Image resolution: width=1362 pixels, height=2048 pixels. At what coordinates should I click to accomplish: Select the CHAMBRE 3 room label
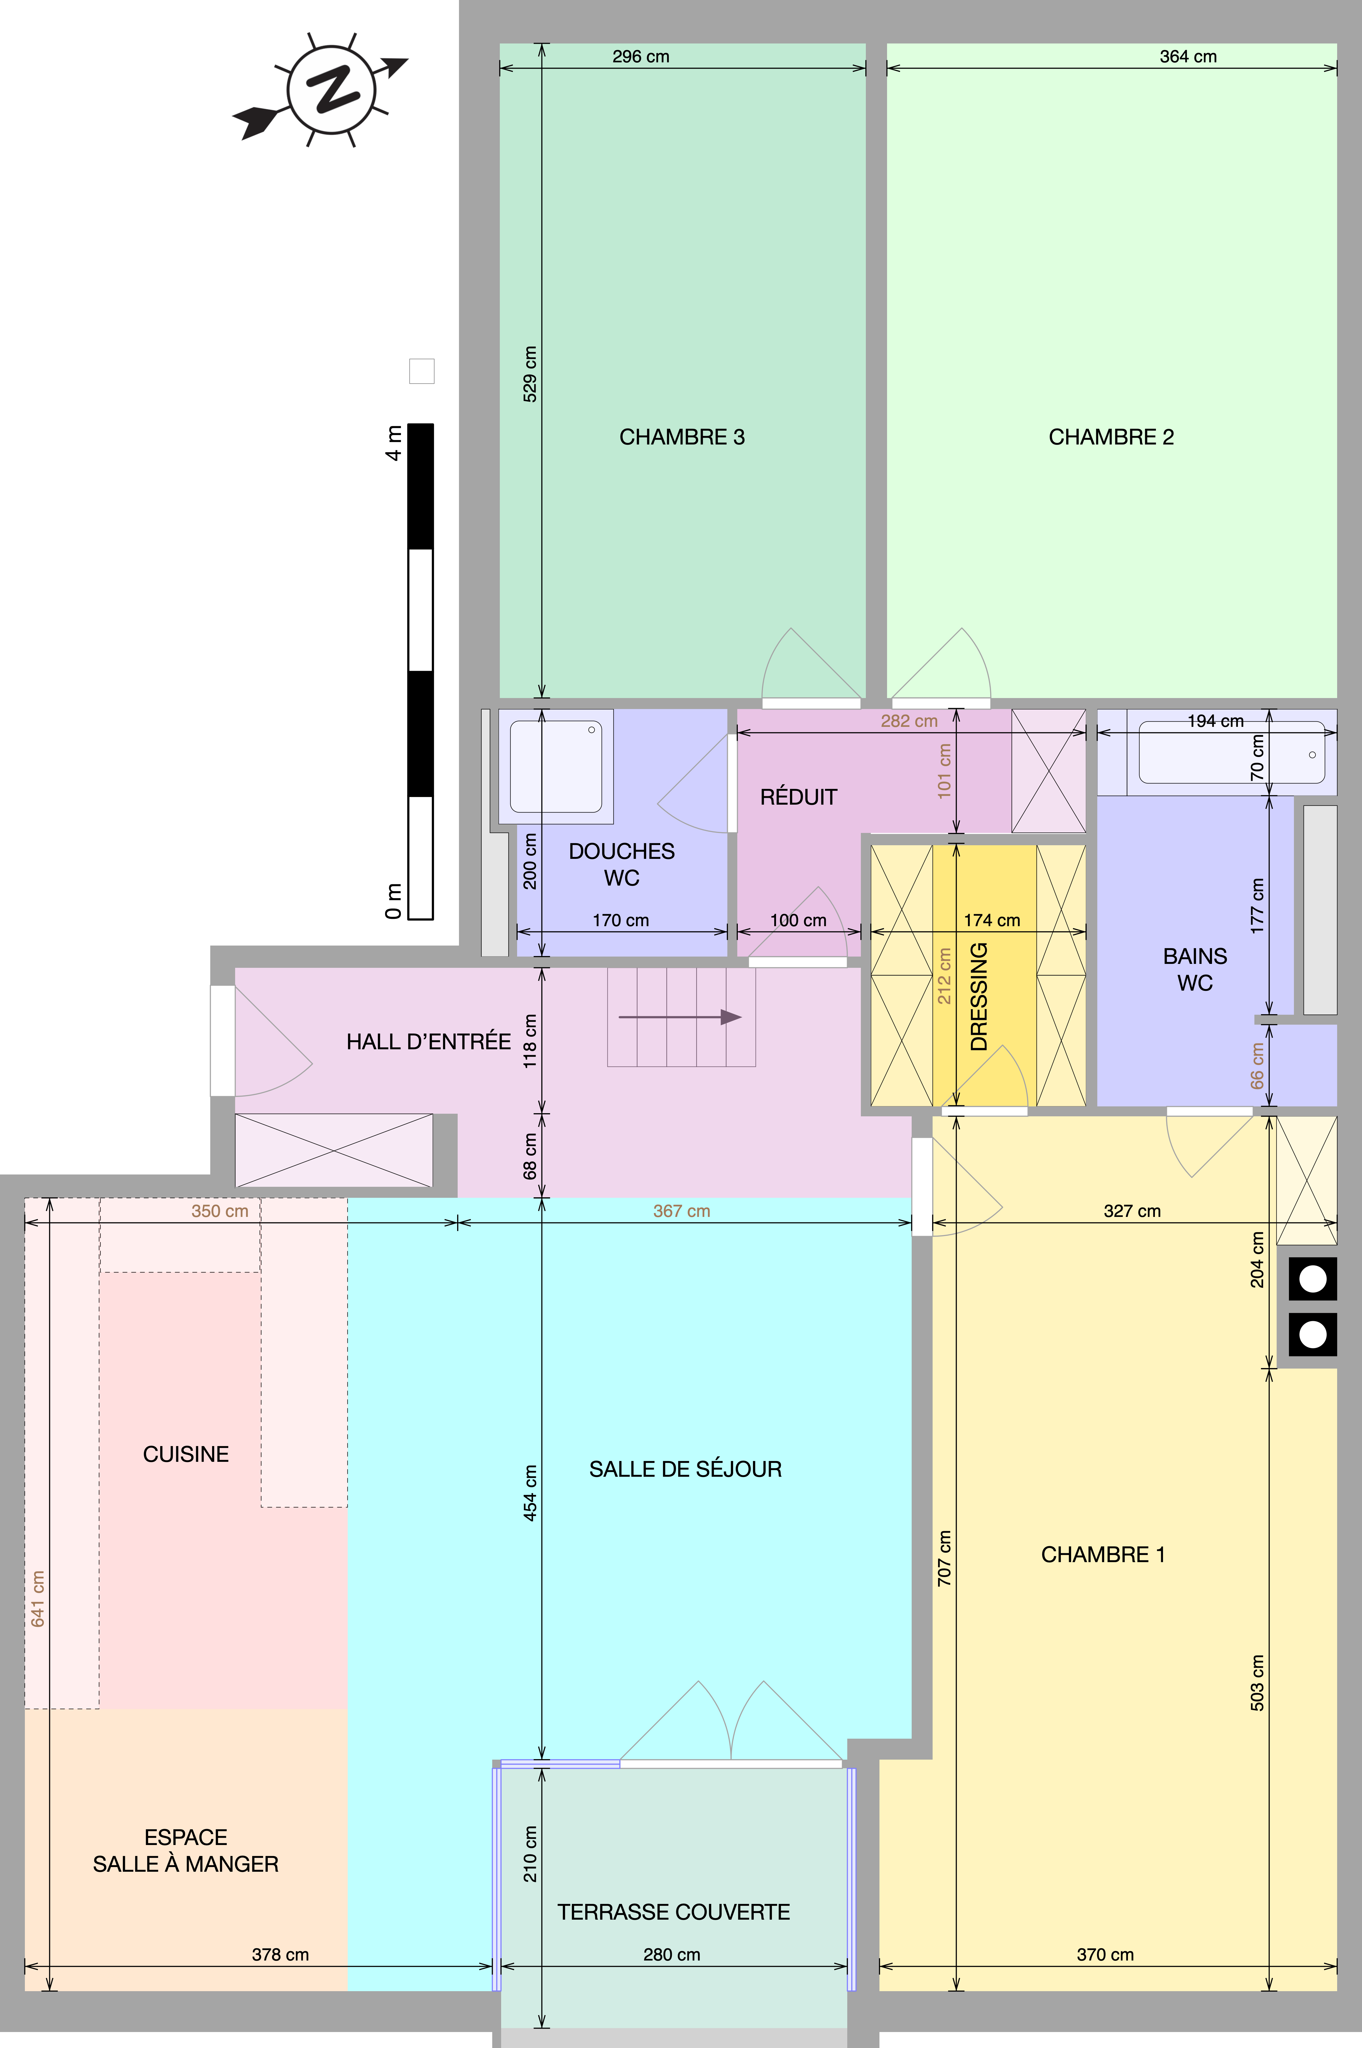[682, 437]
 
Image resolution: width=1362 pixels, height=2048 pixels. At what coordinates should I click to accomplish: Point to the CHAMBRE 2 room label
[1111, 437]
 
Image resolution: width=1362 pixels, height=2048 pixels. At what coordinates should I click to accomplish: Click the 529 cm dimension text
[530, 375]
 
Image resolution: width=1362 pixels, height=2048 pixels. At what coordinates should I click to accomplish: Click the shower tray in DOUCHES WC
[556, 766]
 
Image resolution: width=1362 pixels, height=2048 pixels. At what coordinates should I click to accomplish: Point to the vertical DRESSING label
[979, 997]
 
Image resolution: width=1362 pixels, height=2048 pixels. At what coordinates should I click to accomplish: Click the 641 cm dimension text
[37, 1599]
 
